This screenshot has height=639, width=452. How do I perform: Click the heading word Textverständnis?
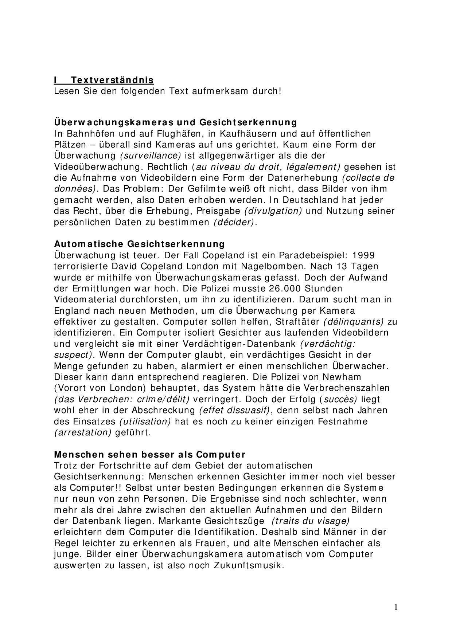[112, 80]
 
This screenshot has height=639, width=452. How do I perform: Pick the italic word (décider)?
[233, 222]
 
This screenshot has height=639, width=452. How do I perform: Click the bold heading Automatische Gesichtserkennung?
[139, 244]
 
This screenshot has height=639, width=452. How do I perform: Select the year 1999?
[363, 255]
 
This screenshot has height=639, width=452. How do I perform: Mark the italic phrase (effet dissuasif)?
[234, 410]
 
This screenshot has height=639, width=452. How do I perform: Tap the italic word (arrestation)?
[83, 432]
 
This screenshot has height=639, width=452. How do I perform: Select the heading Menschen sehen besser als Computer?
[149, 455]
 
